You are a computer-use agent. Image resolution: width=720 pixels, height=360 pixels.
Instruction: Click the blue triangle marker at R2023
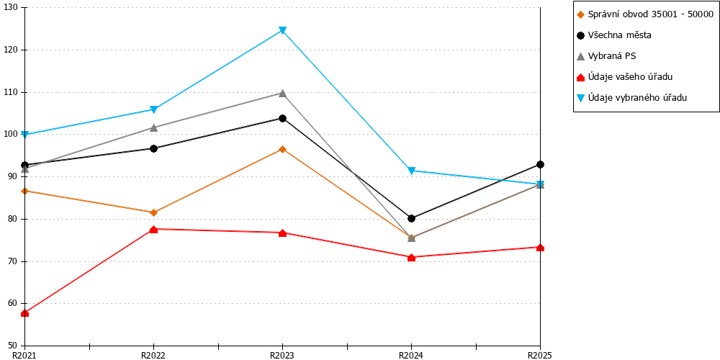(x=282, y=31)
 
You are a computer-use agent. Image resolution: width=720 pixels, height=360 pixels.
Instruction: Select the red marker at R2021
(x=24, y=313)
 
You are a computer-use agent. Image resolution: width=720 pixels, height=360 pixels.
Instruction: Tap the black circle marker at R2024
(x=411, y=218)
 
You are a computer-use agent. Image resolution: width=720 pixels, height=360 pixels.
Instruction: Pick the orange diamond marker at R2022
(x=153, y=212)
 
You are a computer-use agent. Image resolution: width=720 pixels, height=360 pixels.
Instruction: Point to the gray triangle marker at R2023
(x=282, y=93)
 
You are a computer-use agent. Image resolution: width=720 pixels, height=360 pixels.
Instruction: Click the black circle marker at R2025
(x=541, y=164)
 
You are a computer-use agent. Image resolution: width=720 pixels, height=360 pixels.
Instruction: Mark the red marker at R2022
(x=153, y=229)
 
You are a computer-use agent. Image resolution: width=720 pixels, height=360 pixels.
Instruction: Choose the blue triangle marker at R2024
(x=411, y=171)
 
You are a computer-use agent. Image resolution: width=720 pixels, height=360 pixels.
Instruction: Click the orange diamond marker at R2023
(x=282, y=149)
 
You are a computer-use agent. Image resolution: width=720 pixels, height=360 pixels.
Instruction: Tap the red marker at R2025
(x=541, y=248)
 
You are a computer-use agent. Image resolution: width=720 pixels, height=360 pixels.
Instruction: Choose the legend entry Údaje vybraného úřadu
(x=631, y=98)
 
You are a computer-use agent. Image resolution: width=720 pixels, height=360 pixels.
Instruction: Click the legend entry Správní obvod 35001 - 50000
(x=645, y=14)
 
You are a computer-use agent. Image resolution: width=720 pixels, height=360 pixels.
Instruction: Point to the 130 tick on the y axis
(x=24, y=8)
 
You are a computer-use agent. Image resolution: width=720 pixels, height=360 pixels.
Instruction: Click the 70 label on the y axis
(x=12, y=261)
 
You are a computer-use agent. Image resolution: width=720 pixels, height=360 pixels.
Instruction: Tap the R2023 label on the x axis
(x=282, y=354)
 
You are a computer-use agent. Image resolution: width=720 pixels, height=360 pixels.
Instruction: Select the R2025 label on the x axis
(x=539, y=354)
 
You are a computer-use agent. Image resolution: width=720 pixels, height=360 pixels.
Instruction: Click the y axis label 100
(x=9, y=135)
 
